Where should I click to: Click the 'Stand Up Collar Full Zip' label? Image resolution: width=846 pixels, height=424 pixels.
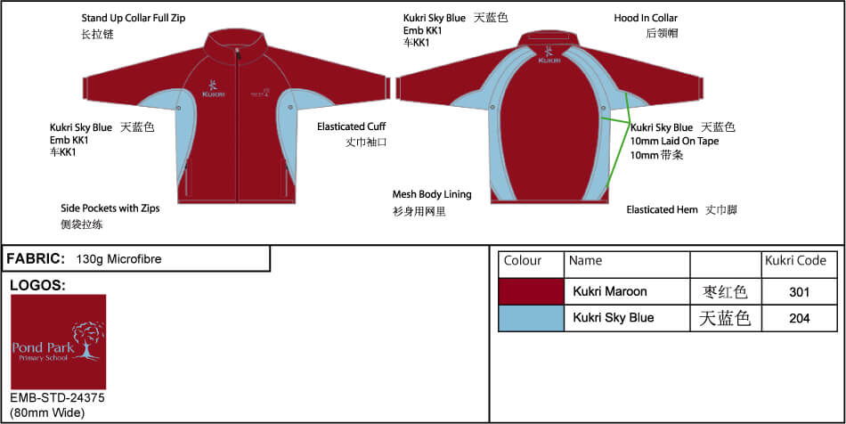134,18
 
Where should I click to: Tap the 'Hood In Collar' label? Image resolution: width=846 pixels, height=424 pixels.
646,18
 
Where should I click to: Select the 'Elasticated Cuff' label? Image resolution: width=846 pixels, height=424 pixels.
351,126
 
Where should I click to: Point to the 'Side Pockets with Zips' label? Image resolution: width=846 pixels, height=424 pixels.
110,208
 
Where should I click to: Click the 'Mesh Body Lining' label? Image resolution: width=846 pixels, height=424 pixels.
432,194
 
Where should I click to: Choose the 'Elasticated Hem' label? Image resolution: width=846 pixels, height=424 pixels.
662,209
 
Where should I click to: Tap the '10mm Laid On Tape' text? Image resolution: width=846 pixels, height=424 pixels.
674,141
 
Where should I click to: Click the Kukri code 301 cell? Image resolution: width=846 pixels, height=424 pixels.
799,292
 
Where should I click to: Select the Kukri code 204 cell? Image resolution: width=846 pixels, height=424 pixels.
799,318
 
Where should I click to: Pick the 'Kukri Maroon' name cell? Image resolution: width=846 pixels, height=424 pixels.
610,292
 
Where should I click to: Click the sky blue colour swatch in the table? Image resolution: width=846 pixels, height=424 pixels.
531,318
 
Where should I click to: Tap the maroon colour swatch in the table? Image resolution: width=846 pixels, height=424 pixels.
531,292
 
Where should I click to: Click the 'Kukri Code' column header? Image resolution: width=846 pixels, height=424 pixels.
795,261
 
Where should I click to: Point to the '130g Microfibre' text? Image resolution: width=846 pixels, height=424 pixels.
118,259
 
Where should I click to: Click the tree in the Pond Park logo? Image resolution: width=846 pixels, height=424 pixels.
87,340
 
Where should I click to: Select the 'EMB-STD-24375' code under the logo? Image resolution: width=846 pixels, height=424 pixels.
57,399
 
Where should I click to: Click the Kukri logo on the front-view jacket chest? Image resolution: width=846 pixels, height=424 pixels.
213,88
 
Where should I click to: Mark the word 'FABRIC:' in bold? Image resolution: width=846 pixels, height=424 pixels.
36,258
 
